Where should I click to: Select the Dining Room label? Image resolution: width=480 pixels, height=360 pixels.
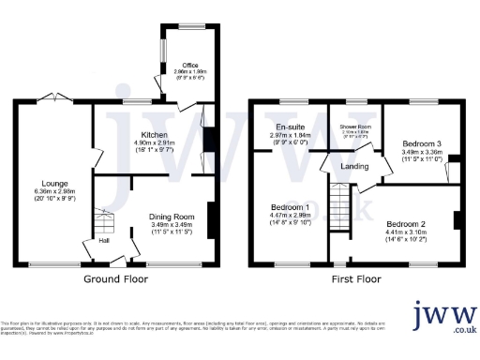170,217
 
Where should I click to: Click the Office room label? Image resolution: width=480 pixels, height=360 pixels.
189,65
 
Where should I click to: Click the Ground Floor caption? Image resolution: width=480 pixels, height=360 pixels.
114,279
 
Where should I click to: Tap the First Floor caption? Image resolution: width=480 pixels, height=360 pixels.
357,279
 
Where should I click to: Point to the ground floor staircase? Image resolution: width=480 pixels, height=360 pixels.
103,223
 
